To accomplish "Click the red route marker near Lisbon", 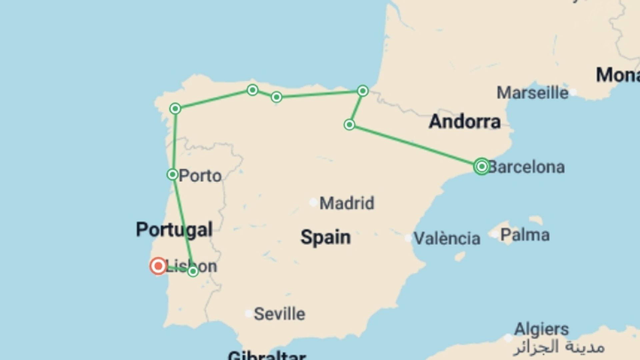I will (158, 266).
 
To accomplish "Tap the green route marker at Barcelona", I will (481, 166).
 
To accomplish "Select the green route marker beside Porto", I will (172, 174).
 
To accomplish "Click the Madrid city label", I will (347, 203).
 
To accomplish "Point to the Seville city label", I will (279, 314).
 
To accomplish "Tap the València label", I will (447, 238).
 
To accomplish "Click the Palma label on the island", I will (525, 235).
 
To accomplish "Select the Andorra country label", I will (465, 122).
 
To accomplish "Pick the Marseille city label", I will (532, 93).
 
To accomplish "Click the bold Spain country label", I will (325, 237).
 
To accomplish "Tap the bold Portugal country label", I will (174, 230).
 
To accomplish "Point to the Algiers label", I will (541, 329).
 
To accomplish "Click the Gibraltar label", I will (267, 355).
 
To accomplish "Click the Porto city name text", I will (200, 176).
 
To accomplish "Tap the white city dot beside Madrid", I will (313, 202).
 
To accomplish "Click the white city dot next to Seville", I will (249, 314).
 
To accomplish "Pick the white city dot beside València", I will (408, 238).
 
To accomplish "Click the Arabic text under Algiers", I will (559, 347).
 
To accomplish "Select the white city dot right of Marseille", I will (573, 92).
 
